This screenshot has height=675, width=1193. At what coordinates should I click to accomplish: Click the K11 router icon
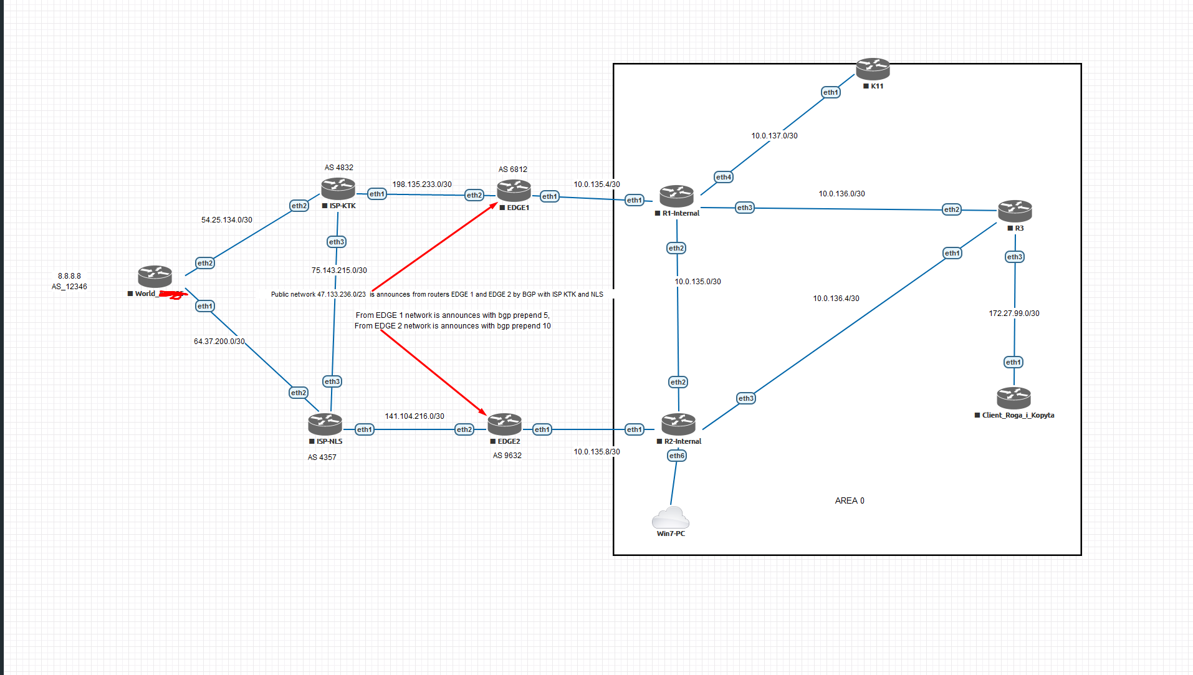872,68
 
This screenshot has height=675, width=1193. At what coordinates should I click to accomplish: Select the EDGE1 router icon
514,190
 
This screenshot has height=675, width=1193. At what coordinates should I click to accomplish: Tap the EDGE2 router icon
504,424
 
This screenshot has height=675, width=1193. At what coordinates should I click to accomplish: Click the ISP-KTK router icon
338,188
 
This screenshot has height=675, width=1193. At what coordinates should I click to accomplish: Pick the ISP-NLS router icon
325,424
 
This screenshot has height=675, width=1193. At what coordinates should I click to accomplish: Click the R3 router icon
1014,211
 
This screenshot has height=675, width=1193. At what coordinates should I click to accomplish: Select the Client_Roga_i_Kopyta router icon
1013,397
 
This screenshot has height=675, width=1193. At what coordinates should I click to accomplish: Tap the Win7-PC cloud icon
670,517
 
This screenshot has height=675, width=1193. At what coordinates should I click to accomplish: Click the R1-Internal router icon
676,196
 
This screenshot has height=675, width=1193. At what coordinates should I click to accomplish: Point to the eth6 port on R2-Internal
676,456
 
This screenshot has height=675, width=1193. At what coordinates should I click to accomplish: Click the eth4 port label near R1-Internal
723,177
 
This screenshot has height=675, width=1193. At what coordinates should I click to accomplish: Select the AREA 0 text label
849,500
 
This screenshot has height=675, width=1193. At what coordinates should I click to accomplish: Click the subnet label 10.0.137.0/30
774,135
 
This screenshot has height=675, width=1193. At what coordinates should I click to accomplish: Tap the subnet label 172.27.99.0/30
1013,313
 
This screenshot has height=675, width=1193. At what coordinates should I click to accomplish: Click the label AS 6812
512,169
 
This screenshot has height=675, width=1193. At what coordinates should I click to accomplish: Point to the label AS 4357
322,457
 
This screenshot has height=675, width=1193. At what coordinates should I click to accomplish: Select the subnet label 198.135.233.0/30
421,184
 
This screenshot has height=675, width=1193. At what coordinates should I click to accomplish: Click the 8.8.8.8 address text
69,275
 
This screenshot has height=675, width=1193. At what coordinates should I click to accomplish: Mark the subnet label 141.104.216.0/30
414,416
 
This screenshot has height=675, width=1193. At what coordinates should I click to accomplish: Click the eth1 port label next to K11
830,92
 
